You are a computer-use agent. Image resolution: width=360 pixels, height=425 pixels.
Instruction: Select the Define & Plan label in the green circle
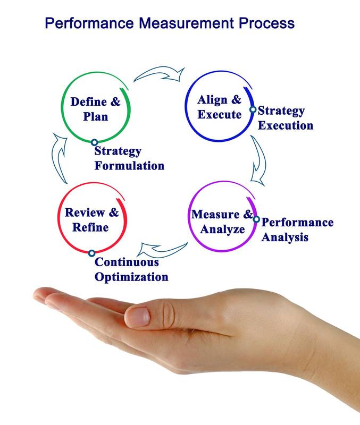[95, 109]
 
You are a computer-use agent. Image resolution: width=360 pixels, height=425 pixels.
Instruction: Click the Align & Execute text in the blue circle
[219, 107]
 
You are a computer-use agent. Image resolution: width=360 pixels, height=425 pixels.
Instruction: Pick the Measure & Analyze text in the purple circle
[222, 222]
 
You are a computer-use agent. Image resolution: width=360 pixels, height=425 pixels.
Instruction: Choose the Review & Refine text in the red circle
[91, 220]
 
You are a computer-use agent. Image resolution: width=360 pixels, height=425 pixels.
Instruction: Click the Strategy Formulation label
[129, 158]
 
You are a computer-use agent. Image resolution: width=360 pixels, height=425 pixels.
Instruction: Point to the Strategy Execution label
[285, 118]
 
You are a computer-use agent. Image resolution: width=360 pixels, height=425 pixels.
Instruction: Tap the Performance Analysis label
[297, 229]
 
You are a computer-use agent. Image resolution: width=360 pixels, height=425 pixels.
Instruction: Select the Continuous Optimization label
[131, 269]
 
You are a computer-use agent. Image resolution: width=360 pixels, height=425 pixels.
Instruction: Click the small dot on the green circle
[94, 142]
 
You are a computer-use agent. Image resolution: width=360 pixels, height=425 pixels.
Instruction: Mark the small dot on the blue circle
[253, 110]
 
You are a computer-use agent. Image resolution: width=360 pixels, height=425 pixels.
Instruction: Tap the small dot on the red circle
[91, 253]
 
